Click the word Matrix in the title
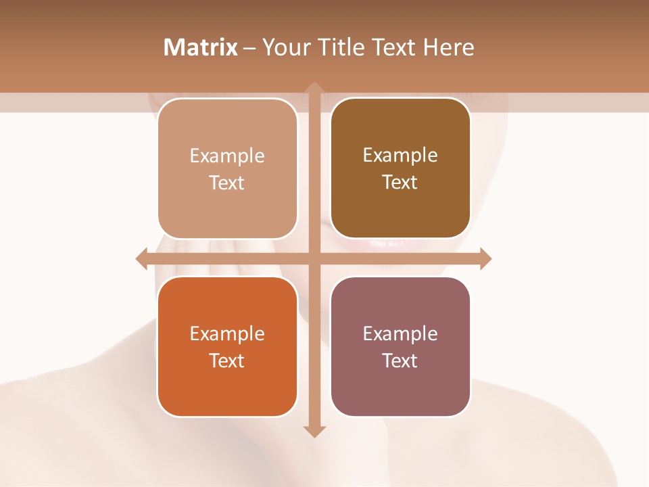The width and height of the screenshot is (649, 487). [x=201, y=47]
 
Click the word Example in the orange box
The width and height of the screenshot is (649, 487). [x=227, y=333]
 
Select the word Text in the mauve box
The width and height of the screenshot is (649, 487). [x=400, y=361]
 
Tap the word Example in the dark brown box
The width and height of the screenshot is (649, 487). [x=400, y=155]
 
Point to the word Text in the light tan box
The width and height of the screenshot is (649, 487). [x=227, y=183]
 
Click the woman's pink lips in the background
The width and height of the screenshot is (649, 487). [x=385, y=243]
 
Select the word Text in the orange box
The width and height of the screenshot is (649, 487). [x=227, y=361]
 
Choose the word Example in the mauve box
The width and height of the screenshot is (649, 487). [x=400, y=333]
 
